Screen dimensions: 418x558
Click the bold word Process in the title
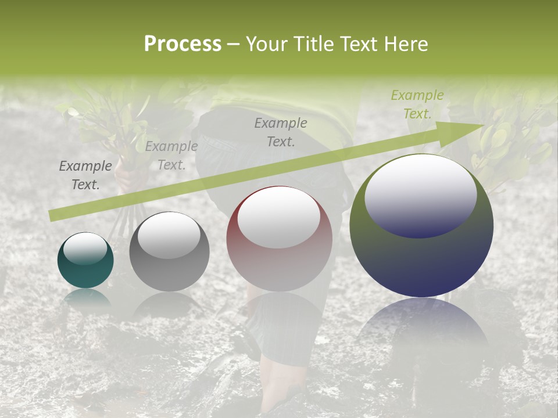point(183,44)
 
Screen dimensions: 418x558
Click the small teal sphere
point(85,261)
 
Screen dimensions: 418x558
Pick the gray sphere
point(169,253)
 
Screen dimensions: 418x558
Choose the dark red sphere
point(280,239)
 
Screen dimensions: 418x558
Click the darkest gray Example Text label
point(85,175)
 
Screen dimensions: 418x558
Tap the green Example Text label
point(417,105)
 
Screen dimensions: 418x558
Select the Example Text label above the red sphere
point(281,132)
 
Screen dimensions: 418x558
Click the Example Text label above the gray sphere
point(171,156)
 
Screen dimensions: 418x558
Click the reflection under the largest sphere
point(421,325)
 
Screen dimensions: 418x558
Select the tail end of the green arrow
point(52,216)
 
